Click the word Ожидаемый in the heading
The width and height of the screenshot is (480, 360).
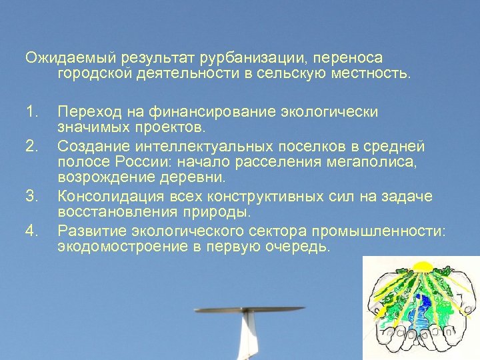pos(65,58)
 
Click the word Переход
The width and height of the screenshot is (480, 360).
pos(85,111)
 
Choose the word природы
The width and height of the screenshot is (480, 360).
pos(218,213)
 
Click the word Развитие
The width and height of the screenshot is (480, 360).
pos(89,231)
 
